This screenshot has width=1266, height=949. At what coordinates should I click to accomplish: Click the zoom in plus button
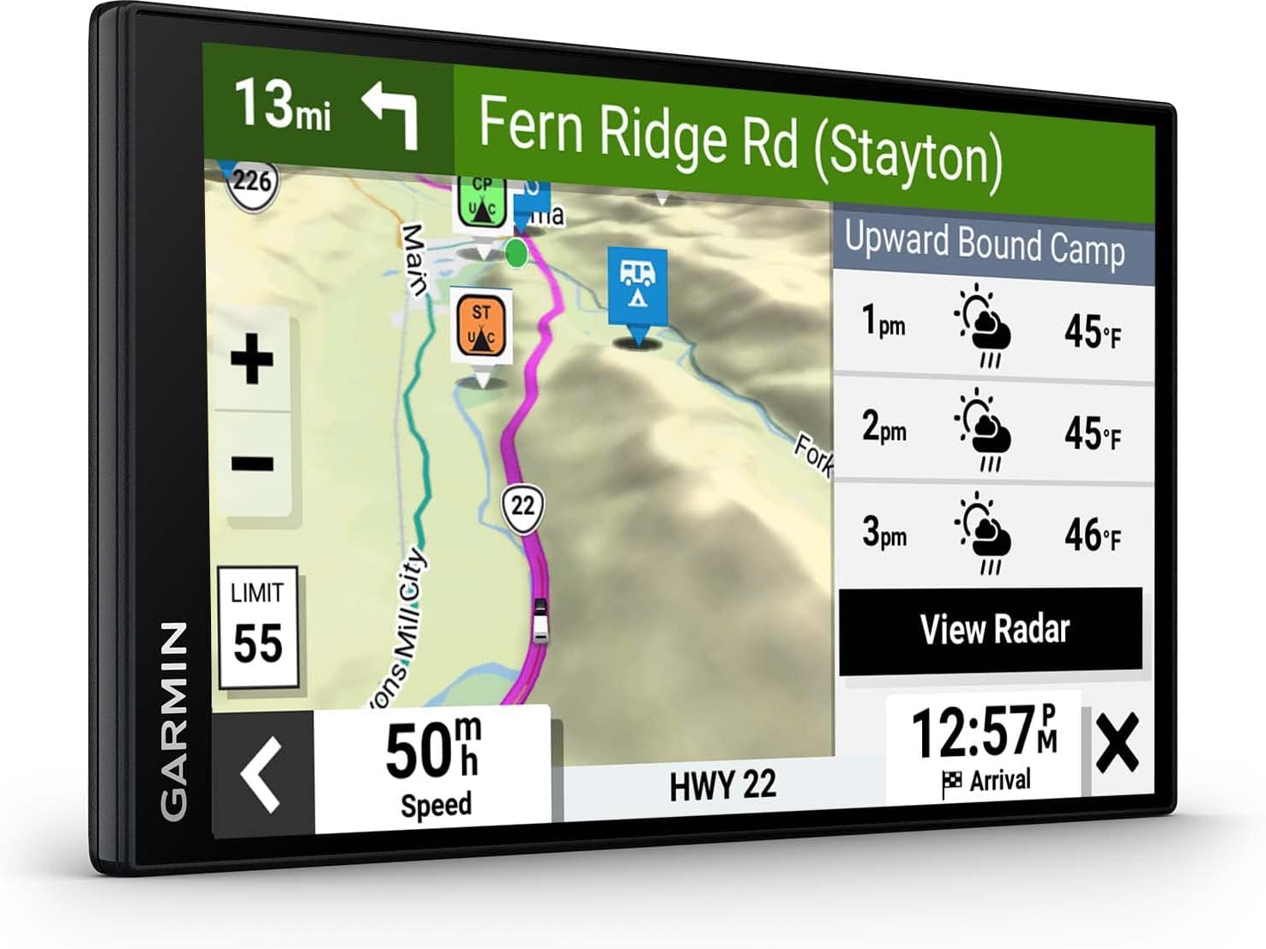pos(252,359)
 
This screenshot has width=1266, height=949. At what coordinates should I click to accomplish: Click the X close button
pos(1117,743)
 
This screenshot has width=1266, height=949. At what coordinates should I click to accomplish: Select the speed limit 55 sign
pos(258,627)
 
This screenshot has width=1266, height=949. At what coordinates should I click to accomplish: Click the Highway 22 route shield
pos(522,507)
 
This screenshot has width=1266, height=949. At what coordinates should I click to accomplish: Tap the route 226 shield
pos(251,182)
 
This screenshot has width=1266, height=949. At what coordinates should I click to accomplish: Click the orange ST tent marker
pos(481,325)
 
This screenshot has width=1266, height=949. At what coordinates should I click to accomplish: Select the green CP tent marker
pos(482,200)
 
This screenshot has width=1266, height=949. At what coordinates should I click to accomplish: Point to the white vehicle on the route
pos(540,620)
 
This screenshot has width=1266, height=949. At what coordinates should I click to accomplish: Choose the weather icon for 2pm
pos(984,428)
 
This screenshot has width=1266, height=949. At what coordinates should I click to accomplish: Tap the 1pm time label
pos(883,322)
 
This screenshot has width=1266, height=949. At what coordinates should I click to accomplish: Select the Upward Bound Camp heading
pos(984,245)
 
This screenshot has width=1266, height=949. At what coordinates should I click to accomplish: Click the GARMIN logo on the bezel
pos(174,721)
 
